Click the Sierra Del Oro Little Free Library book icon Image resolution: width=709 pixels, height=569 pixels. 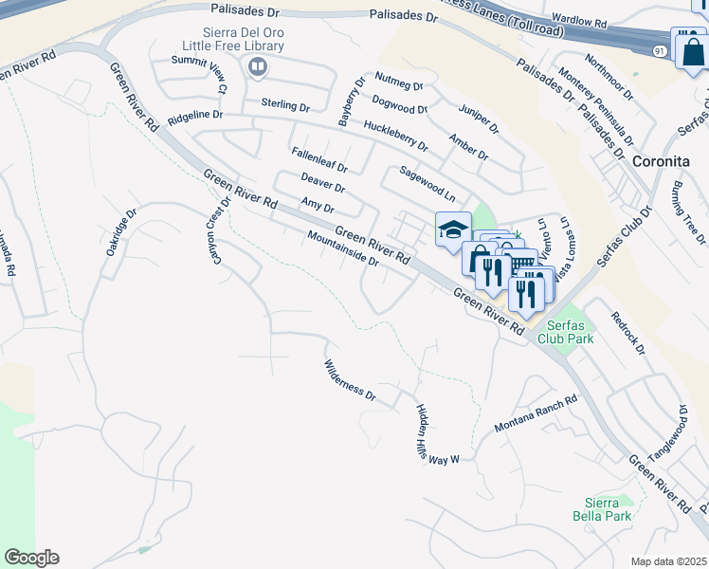256,66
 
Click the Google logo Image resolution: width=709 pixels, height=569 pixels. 31,558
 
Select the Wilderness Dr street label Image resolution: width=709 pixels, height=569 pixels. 351,382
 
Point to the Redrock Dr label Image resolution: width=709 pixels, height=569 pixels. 627,333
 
